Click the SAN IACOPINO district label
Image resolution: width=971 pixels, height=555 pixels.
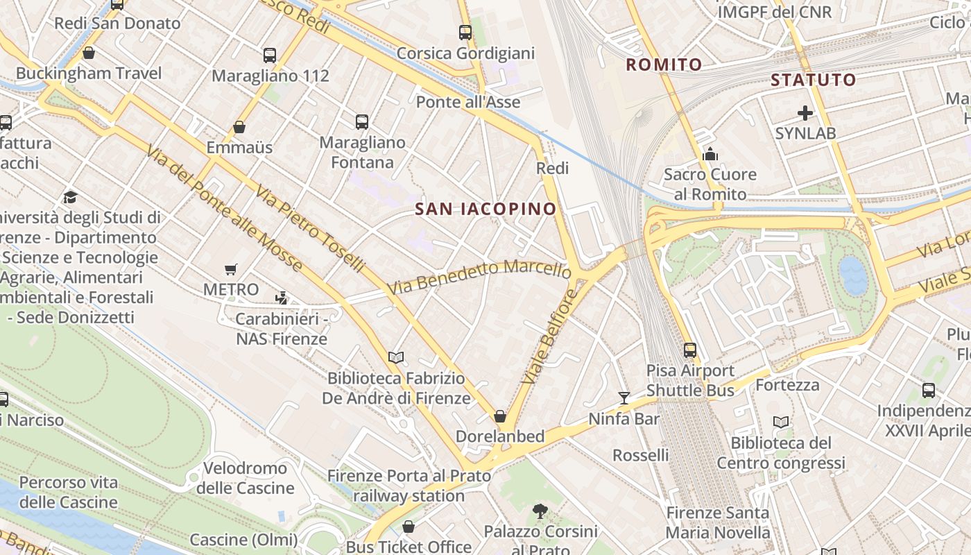(x=486, y=209)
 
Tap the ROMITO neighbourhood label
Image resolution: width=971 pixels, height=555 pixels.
(x=664, y=65)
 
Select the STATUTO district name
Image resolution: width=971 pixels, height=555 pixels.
(x=814, y=80)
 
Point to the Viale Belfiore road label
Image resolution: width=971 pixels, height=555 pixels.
(x=550, y=337)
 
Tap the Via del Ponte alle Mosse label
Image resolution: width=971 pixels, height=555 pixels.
(x=224, y=208)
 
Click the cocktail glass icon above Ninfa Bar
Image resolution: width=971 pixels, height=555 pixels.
(x=624, y=398)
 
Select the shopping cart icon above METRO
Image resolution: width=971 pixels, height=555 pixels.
(x=230, y=269)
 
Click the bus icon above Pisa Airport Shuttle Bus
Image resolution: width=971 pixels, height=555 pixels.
(x=689, y=350)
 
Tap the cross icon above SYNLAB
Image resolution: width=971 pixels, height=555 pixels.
(x=805, y=112)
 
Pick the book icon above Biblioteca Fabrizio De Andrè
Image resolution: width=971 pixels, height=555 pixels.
(x=396, y=357)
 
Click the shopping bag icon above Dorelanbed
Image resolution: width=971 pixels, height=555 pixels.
(x=499, y=416)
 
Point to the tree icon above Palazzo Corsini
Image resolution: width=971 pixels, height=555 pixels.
(x=540, y=512)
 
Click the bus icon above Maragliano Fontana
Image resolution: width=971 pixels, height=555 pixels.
(x=362, y=122)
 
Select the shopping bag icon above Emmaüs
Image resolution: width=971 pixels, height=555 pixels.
(x=239, y=127)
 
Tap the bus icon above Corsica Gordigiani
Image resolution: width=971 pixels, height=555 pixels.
(x=465, y=33)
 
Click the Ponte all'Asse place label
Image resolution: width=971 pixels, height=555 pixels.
(x=468, y=103)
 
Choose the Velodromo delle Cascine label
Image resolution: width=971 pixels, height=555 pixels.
(x=245, y=478)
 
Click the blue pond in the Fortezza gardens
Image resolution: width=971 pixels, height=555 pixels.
(x=853, y=275)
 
